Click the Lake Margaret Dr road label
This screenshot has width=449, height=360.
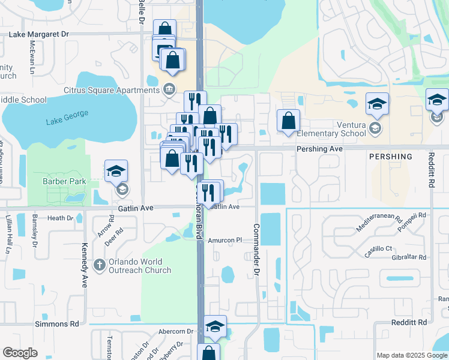coord(40,34)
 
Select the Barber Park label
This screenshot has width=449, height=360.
coord(64,181)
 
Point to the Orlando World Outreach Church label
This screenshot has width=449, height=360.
coord(140,266)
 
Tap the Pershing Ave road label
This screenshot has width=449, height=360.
coord(319,148)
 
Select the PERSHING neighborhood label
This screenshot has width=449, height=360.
coord(391,157)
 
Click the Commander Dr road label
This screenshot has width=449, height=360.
coord(256,249)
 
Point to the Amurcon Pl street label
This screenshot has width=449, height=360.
coord(224,240)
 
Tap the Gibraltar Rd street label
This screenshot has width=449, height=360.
coord(406,257)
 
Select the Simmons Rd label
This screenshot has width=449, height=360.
coord(57,323)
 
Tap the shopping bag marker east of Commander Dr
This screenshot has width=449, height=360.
coord(289,120)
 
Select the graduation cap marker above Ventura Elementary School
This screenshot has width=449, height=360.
coord(377,104)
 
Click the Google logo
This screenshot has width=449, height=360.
coord(20,353)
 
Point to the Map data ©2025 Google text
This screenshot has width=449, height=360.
coord(412,355)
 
